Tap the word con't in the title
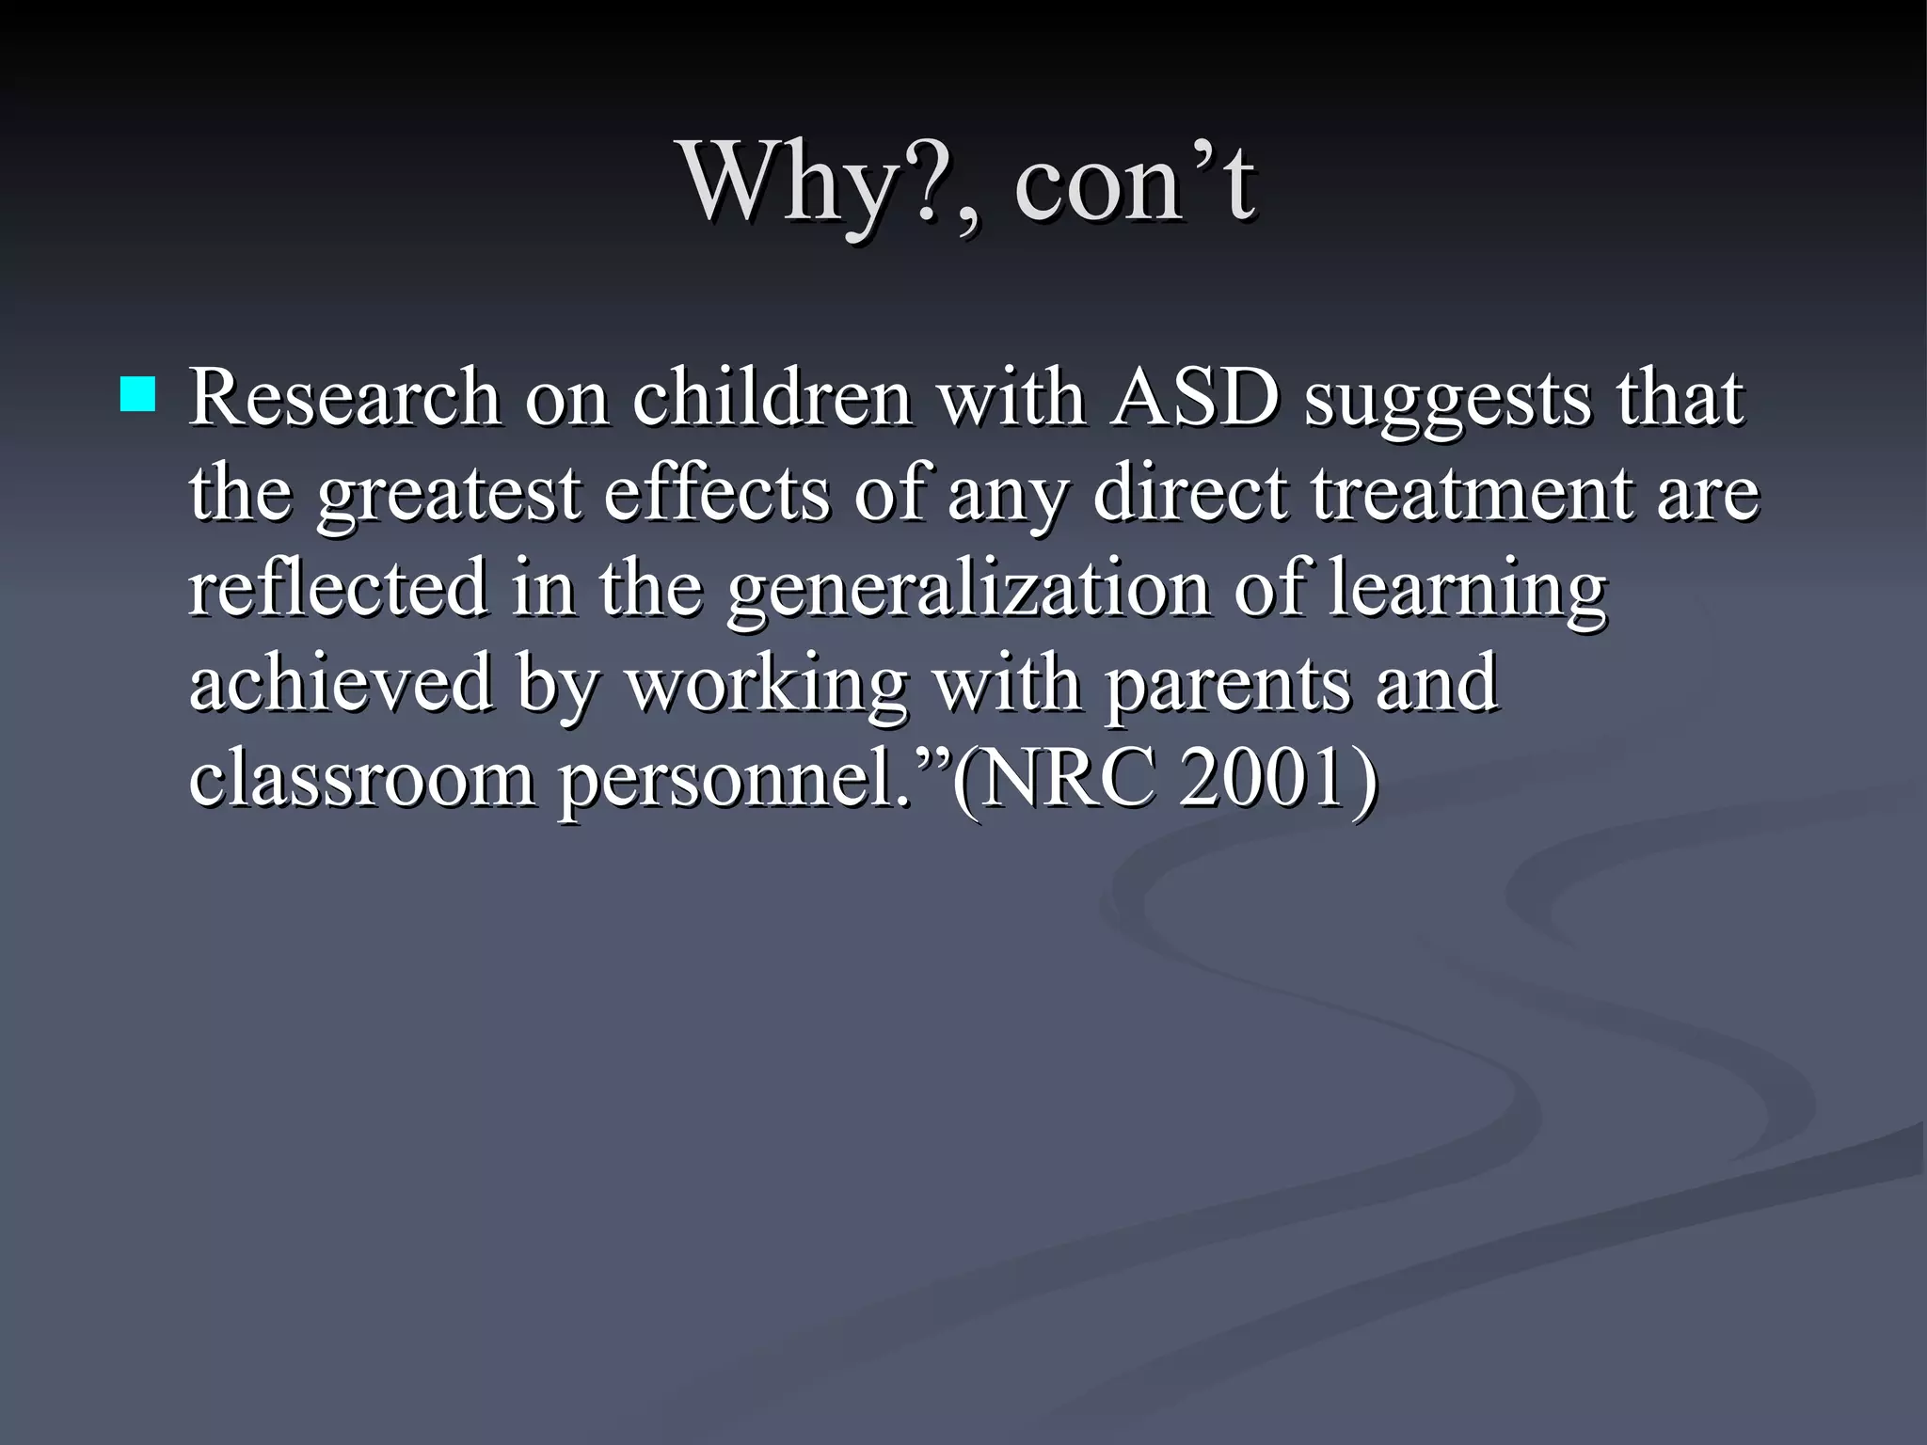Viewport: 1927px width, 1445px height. [1134, 183]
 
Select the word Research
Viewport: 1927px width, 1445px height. [344, 398]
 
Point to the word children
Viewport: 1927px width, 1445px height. [772, 398]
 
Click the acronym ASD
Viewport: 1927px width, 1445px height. [1195, 398]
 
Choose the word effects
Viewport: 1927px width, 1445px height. [716, 493]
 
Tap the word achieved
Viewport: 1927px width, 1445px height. [341, 683]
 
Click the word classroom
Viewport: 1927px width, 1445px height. [361, 779]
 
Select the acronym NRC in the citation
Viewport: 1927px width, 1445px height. [1069, 779]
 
